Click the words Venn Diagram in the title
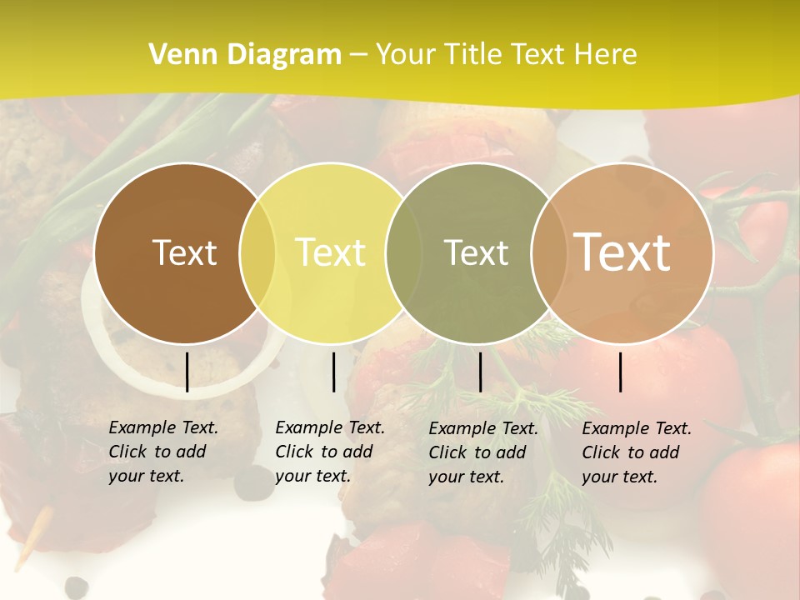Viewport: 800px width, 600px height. [245, 55]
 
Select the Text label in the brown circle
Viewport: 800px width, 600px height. [184, 252]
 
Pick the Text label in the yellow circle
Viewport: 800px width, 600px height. [331, 252]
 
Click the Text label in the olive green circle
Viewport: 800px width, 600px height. [476, 252]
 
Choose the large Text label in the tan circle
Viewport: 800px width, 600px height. [622, 252]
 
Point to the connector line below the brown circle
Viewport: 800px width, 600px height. [187, 372]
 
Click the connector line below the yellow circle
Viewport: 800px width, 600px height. [333, 372]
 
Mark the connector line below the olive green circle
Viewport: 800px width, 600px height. [480, 372]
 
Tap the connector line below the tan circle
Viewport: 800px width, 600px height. [620, 372]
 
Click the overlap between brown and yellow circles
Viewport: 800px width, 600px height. [257, 253]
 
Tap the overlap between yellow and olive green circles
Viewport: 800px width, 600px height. [403, 253]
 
